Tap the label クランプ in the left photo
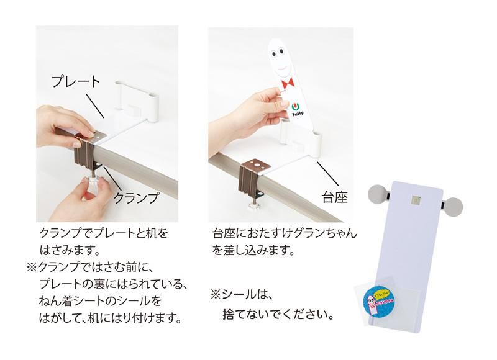[135, 198]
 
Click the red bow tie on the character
[287, 84]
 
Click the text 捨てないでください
[278, 315]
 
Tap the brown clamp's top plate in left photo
[94, 133]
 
